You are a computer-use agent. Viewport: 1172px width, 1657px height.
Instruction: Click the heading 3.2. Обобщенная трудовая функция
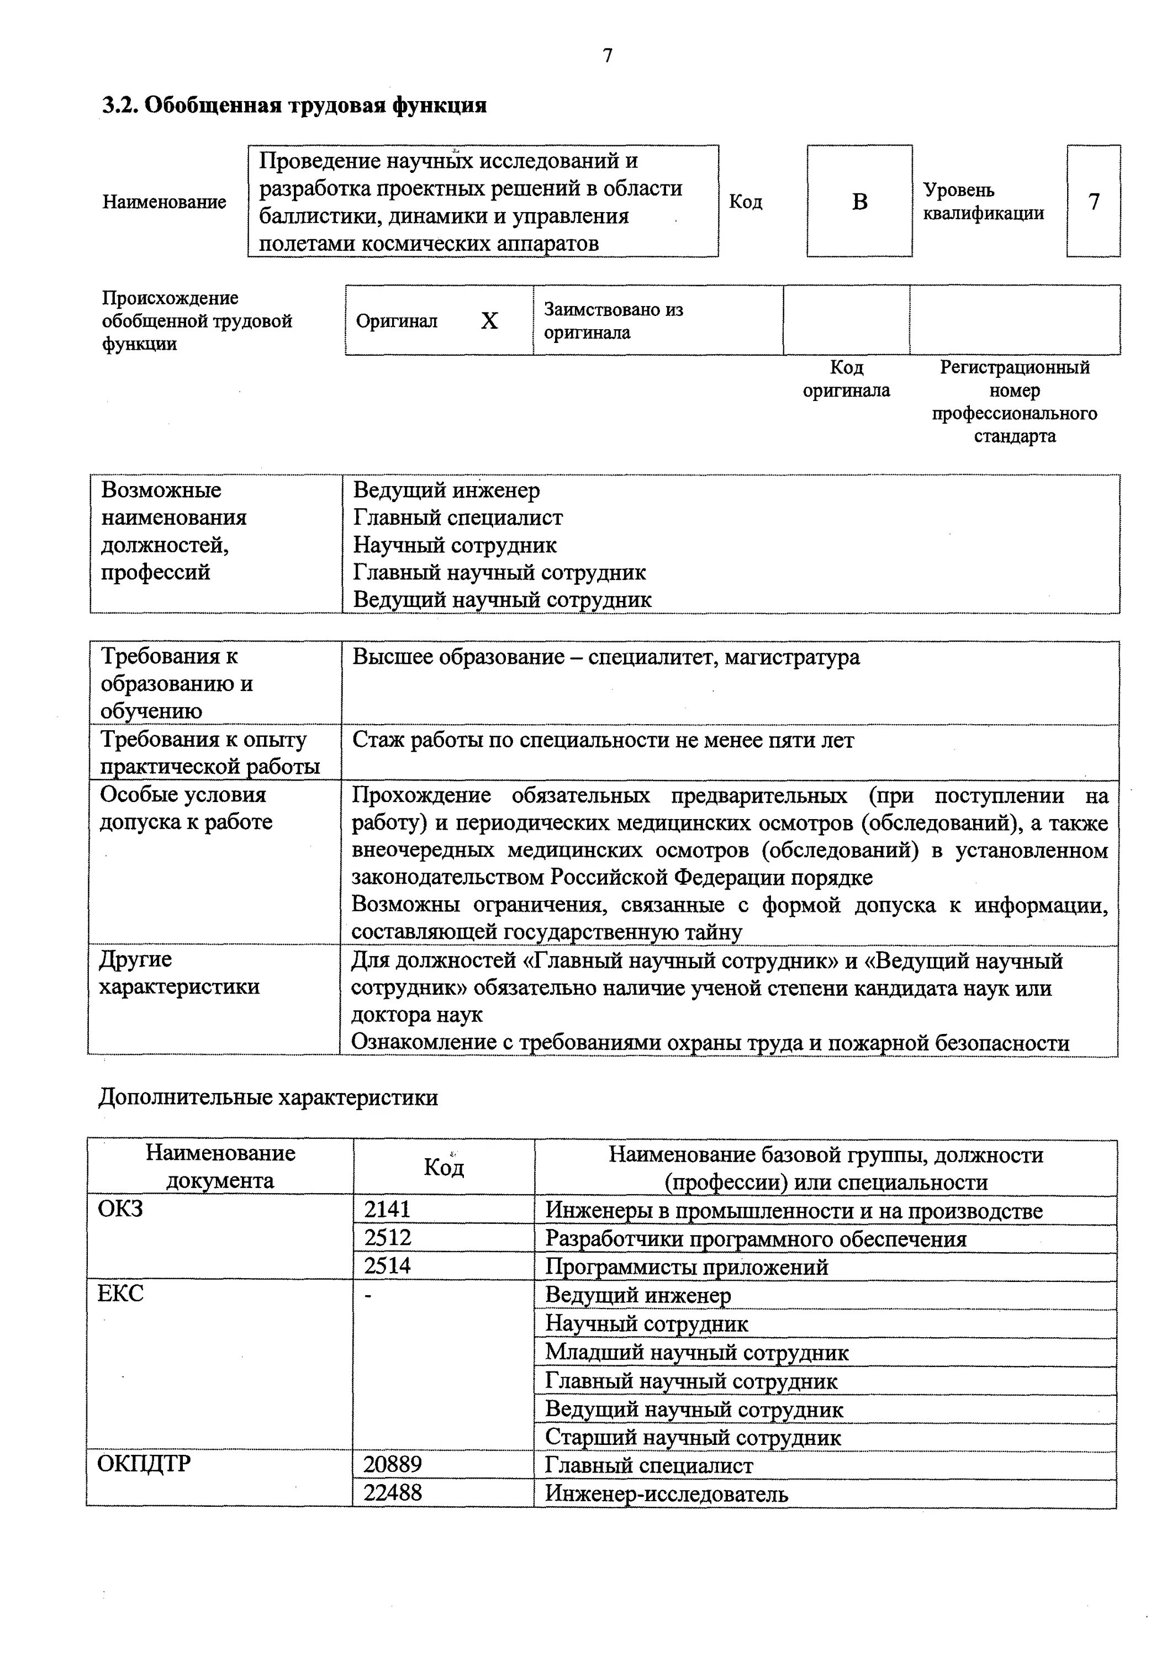pos(294,105)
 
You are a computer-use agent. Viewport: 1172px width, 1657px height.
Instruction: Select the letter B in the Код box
pos(859,202)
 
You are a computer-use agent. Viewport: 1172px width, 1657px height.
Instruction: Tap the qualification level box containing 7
pos(1094,202)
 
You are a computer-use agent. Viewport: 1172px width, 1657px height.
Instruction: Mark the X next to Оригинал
pos(489,321)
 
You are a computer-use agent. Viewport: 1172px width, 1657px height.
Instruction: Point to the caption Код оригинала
pos(847,379)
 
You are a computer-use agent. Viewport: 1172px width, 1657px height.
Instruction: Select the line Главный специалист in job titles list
pos(457,518)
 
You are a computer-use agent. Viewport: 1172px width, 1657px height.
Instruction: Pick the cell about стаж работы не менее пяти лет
pos(603,741)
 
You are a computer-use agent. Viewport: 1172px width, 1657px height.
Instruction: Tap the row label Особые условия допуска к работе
pos(186,808)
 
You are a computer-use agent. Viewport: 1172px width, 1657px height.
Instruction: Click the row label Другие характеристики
pos(178,973)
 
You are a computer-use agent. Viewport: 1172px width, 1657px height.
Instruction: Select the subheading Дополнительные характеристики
pos(268,1097)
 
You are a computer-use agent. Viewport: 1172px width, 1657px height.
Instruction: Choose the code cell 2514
pos(388,1266)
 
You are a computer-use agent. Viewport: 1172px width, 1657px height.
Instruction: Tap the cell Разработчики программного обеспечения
pos(755,1238)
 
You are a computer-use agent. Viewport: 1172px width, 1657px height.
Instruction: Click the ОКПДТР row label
pos(144,1464)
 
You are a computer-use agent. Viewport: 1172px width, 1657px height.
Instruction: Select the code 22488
pos(393,1492)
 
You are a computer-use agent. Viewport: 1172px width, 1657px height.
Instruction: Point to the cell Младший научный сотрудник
pos(696,1353)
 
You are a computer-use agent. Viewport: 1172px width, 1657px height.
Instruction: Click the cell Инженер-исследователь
pos(666,1493)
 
